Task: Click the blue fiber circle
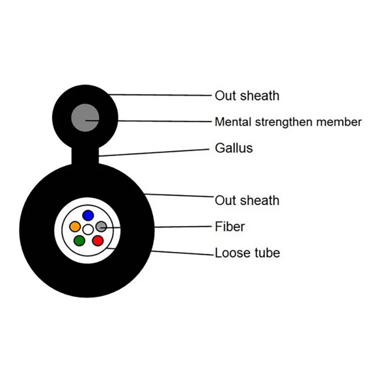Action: pos(88,215)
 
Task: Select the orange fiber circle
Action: pos(75,227)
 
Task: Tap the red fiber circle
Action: pos(97,241)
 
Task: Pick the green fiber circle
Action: pos(79,241)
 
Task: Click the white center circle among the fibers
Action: pos(88,229)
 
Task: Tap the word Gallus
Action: pos(234,148)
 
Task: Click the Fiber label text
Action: pos(229,227)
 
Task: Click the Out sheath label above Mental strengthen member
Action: pos(247,96)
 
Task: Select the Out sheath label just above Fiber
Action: pos(247,200)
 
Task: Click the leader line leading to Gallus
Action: pos(154,152)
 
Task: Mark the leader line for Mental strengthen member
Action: pos(163,121)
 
